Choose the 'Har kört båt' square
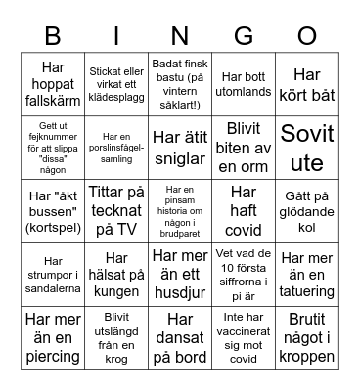(307, 84)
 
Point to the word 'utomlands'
(244, 89)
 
